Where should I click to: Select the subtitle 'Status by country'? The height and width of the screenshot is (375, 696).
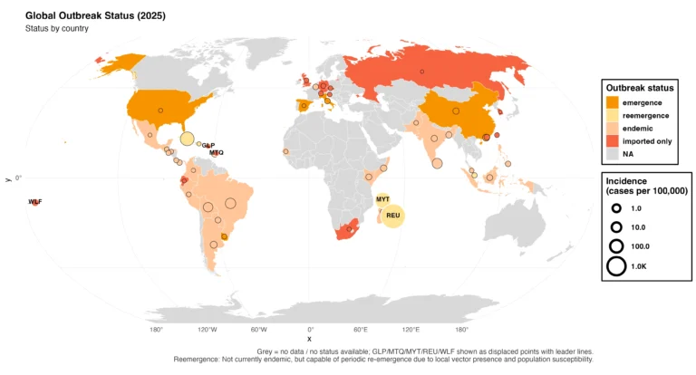click(x=56, y=29)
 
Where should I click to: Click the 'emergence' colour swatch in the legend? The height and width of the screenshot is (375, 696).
click(x=614, y=102)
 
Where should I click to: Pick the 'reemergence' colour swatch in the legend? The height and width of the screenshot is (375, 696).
click(x=614, y=115)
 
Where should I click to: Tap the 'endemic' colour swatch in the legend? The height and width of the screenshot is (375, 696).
click(x=614, y=129)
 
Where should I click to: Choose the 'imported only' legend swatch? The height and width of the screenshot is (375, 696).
click(x=614, y=141)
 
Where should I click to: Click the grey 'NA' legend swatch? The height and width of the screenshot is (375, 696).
click(x=614, y=154)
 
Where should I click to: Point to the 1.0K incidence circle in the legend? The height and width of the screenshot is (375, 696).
click(x=615, y=266)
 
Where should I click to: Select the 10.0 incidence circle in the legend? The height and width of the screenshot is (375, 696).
click(x=615, y=226)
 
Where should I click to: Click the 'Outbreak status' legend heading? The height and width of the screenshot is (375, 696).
click(x=640, y=88)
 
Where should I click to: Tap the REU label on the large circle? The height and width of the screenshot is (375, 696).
click(x=392, y=216)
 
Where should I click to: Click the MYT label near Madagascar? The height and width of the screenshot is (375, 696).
click(x=382, y=198)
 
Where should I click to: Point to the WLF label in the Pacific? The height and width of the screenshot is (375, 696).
click(x=34, y=201)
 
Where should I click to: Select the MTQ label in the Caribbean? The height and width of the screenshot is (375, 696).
click(x=216, y=152)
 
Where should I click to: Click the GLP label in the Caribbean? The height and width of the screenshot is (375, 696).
click(x=208, y=145)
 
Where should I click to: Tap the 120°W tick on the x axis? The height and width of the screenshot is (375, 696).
click(x=208, y=330)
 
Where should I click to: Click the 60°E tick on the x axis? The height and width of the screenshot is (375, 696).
click(x=361, y=330)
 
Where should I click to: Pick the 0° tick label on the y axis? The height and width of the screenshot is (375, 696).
click(x=17, y=178)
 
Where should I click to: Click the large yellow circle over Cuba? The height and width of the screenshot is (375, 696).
click(x=187, y=139)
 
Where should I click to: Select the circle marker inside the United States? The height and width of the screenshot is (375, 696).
click(x=160, y=110)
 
